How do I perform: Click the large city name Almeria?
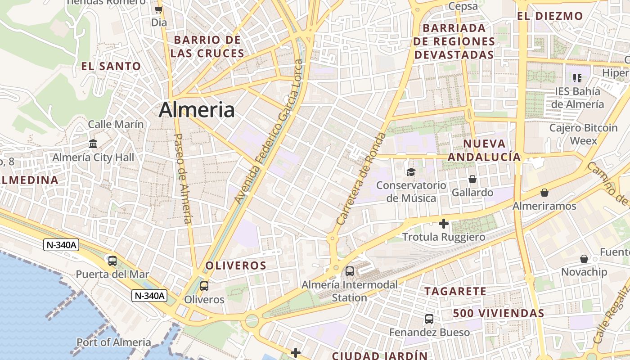(197, 110)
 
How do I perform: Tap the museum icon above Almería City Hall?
(93, 144)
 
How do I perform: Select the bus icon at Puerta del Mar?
(112, 261)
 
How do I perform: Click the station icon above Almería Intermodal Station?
(350, 271)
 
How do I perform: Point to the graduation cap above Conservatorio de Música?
(411, 172)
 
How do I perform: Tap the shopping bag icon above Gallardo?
(472, 180)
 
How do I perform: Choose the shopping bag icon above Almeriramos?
(544, 193)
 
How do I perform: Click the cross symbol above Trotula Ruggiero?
(444, 224)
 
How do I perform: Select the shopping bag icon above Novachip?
(584, 259)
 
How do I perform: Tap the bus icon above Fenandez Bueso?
(429, 319)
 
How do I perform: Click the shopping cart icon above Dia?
(158, 9)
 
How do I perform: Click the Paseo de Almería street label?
(182, 178)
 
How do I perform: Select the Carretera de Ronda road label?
(361, 179)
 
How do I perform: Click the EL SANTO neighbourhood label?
(111, 66)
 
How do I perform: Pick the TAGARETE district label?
(455, 291)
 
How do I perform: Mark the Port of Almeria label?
(114, 342)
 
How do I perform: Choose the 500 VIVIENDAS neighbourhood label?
(499, 313)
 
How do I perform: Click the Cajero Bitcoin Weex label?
(584, 134)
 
